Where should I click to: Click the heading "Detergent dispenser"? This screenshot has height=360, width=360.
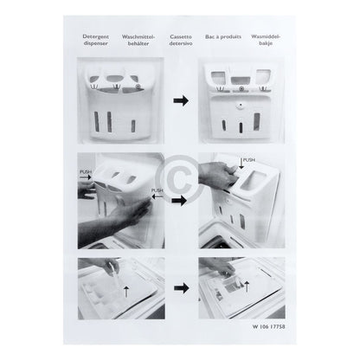tap(96, 40)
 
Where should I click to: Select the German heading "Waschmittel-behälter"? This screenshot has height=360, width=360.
tap(138, 40)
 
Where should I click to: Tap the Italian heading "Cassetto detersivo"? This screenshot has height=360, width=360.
tap(181, 40)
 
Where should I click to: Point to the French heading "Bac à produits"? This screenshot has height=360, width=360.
tap(223, 37)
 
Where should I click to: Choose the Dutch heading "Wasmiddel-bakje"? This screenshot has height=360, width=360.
tap(266, 40)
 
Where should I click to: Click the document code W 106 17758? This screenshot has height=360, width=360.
tap(269, 327)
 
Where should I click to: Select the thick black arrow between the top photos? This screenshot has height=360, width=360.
tap(181, 100)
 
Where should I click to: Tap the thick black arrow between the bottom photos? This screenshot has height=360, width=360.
tap(182, 287)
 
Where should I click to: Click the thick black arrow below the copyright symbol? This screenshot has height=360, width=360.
tap(179, 201)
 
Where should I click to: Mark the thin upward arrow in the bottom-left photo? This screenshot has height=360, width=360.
tap(126, 292)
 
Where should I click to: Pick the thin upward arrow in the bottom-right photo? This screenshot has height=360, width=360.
tap(247, 287)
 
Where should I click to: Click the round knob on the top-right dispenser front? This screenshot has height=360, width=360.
tap(239, 106)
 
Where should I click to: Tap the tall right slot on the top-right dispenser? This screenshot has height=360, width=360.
tap(256, 121)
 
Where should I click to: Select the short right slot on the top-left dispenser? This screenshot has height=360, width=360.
tap(133, 126)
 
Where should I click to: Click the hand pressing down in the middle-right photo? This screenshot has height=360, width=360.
tap(218, 175)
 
